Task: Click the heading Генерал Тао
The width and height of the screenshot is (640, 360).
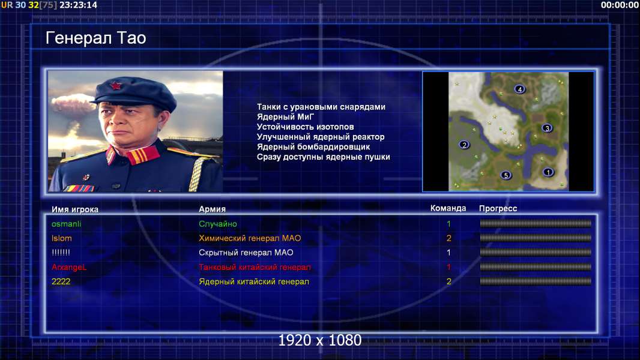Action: pos(95,38)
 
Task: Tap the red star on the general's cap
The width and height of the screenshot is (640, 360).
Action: pos(116,86)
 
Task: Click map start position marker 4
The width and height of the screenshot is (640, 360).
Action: pos(519,89)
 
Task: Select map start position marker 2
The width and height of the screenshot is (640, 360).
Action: pos(464,145)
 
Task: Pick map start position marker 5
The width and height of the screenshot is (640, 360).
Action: pos(506,175)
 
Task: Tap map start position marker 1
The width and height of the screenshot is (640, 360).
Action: pos(548,172)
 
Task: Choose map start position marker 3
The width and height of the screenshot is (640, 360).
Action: pos(547,128)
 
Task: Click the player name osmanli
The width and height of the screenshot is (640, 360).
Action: pos(66,224)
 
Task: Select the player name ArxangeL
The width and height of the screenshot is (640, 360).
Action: pos(69,268)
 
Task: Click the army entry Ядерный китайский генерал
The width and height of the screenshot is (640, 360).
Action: pos(254,282)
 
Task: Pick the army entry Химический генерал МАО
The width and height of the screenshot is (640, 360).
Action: pos(250,238)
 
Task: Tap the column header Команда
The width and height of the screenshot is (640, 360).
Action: pos(448,208)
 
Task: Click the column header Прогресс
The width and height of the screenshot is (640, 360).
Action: pos(498,209)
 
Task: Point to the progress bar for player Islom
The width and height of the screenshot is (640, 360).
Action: pos(536,238)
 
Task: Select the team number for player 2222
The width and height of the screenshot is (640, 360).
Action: pos(449,281)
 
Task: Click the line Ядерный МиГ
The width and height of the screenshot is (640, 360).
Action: pos(285,117)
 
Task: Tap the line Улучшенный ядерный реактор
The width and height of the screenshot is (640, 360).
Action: pos(321,137)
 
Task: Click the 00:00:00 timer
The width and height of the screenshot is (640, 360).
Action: pos(620,5)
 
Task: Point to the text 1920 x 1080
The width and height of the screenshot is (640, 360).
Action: pos(320,340)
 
